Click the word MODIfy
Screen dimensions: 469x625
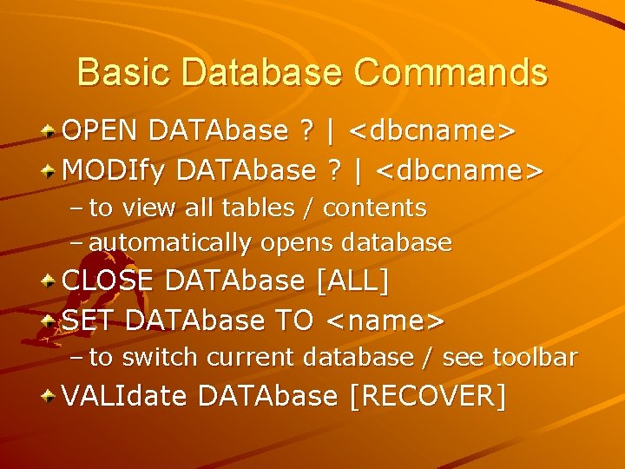pos(115,170)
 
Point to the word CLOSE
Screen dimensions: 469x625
pos(109,281)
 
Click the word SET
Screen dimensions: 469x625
pos(89,320)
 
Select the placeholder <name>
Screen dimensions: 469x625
pos(385,320)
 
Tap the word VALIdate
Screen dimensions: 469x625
pos(126,396)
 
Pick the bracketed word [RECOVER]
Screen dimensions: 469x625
pos(426,396)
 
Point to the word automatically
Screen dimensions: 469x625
pos(161,243)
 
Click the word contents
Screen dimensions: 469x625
pos(374,208)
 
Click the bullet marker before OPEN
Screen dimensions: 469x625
pos(51,132)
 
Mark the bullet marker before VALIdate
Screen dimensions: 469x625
pos(51,397)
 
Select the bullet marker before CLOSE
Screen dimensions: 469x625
pos(51,282)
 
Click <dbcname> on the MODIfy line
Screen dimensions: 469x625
pos(460,170)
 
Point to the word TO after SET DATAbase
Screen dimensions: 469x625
pos(293,320)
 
